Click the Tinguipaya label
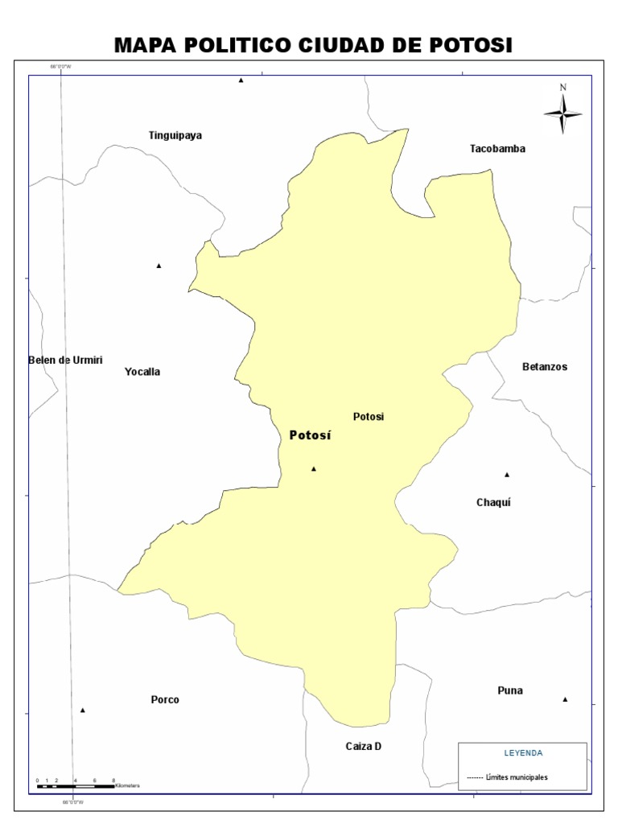point(175,135)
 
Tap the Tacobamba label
point(497,149)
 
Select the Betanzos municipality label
point(545,367)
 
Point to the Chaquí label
point(494,503)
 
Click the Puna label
point(510,690)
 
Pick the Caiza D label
point(364,746)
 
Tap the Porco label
point(165,699)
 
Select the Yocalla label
point(142,372)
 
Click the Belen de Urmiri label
point(65,360)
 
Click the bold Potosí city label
point(310,435)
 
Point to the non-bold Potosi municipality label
point(369,417)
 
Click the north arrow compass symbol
point(563,111)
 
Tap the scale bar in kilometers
point(76,785)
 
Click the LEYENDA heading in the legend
point(523,753)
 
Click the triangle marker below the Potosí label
point(314,468)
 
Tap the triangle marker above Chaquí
point(507,474)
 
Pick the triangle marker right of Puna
point(565,699)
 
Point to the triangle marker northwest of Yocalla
point(159,266)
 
